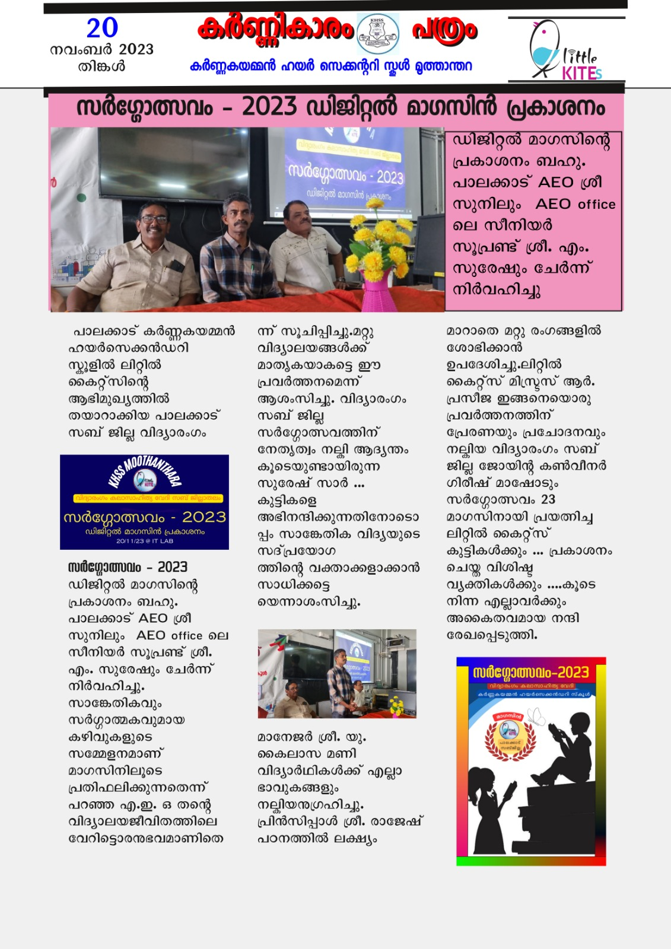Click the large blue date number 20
[x=102, y=28]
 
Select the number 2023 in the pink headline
[x=269, y=107]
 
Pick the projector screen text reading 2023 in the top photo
[x=390, y=177]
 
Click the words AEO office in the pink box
[x=575, y=204]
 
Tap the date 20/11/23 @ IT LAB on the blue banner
[x=145, y=541]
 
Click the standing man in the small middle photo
[x=339, y=679]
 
